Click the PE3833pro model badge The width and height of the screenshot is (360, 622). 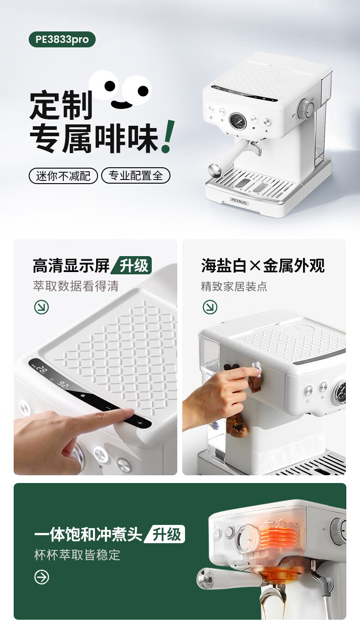pyautogui.click(x=62, y=40)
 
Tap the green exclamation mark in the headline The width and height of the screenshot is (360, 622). pyautogui.click(x=168, y=136)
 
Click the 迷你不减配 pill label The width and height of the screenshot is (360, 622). pyautogui.click(x=63, y=176)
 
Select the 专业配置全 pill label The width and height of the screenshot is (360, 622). pyautogui.click(x=136, y=175)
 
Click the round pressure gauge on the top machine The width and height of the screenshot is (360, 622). pyautogui.click(x=238, y=121)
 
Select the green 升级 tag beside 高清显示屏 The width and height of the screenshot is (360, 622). pyautogui.click(x=133, y=265)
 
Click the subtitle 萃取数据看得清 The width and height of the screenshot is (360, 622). pyautogui.click(x=76, y=286)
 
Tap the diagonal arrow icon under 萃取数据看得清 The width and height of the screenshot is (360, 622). pyautogui.click(x=41, y=308)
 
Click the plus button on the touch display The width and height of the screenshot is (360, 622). pyautogui.click(x=140, y=423)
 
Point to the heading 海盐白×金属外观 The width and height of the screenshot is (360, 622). pyautogui.click(x=263, y=266)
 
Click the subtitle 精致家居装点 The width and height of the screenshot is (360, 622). pyautogui.click(x=234, y=286)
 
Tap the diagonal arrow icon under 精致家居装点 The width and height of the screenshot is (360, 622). pyautogui.click(x=210, y=307)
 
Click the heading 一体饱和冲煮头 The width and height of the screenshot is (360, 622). pyautogui.click(x=88, y=534)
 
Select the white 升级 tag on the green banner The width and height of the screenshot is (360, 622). pyautogui.click(x=165, y=534)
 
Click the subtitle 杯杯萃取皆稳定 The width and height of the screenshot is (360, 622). pyautogui.click(x=77, y=555)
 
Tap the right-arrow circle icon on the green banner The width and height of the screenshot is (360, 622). pyautogui.click(x=41, y=577)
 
